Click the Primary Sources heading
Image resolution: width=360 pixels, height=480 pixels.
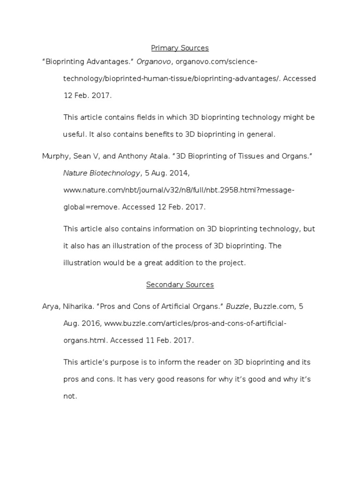coord(180,48)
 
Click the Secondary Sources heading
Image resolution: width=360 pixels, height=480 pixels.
coord(180,285)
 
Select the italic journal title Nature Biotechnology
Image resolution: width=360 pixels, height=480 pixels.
coord(101,173)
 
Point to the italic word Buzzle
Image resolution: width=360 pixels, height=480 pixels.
coord(237,307)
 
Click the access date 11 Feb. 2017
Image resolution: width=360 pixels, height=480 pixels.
coord(174,340)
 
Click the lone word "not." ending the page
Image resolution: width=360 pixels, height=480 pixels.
coord(70,396)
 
